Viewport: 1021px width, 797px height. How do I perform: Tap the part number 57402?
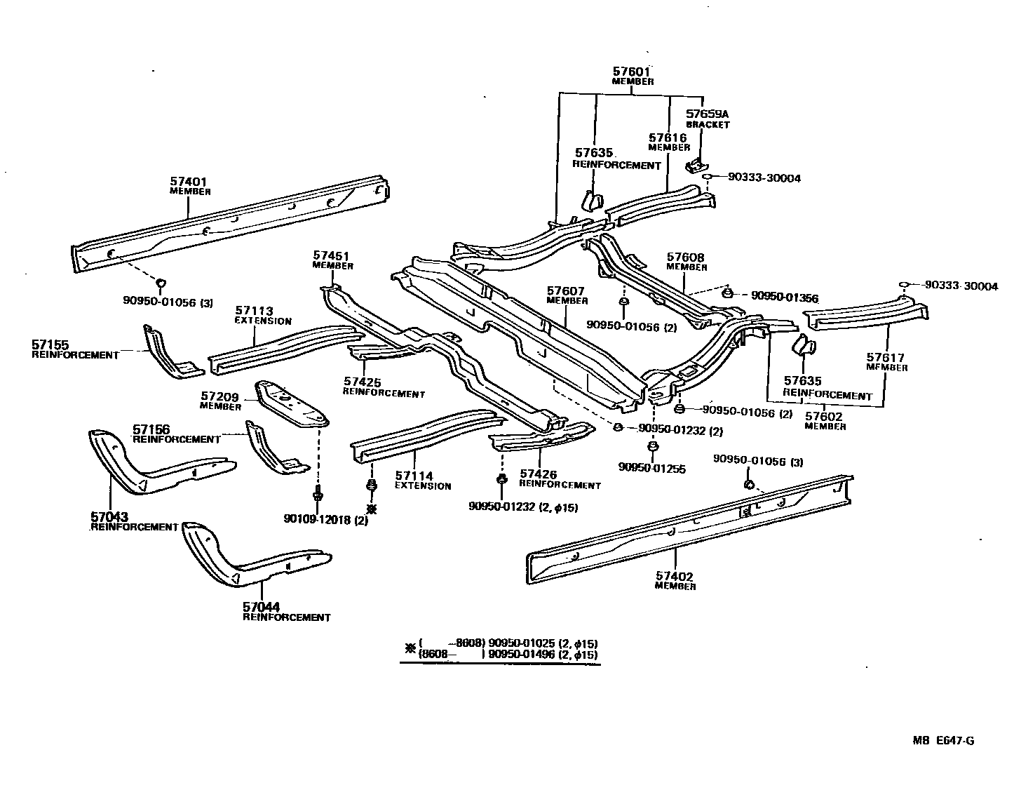[675, 577]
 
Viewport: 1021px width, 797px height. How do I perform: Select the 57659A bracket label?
[707, 114]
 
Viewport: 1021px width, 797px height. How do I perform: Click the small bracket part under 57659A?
[696, 166]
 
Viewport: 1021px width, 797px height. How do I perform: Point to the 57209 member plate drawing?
[291, 404]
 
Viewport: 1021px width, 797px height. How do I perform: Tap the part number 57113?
[254, 311]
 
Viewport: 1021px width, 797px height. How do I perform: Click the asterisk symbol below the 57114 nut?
[372, 509]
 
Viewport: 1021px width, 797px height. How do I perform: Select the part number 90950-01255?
[651, 469]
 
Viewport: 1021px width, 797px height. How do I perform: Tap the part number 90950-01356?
[784, 297]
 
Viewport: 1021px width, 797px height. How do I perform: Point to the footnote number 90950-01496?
[522, 654]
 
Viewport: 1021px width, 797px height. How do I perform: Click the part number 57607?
[567, 290]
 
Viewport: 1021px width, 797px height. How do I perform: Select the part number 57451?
[332, 256]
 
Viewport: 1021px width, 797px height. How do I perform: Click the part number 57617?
[886, 357]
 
